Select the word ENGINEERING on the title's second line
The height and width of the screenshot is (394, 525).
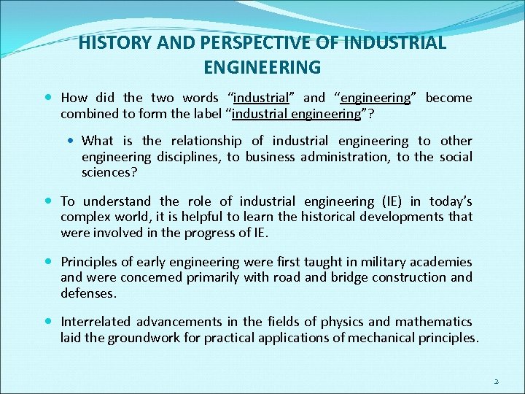pyautogui.click(x=262, y=68)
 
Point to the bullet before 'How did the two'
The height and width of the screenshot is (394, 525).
pyautogui.click(x=48, y=97)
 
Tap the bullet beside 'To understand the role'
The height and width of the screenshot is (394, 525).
pyautogui.click(x=48, y=201)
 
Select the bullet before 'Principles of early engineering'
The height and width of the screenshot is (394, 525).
pyautogui.click(x=48, y=261)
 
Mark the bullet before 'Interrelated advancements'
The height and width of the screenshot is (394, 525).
pyautogui.click(x=48, y=321)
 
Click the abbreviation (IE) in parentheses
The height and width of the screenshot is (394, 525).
pyautogui.click(x=389, y=201)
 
